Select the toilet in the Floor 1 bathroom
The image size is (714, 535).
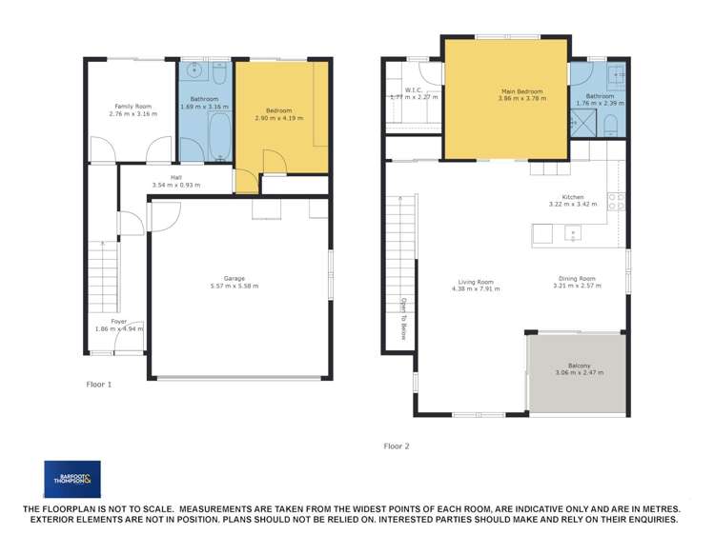click(x=218, y=74)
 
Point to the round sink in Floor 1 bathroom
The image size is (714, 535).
click(x=194, y=69)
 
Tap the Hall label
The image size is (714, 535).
click(x=175, y=177)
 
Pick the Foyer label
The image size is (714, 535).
click(x=118, y=322)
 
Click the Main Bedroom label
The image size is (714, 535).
click(x=507, y=92)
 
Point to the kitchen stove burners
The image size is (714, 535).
click(x=617, y=201)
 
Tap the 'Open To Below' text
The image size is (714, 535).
click(x=403, y=318)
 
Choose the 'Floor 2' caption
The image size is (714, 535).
click(x=397, y=446)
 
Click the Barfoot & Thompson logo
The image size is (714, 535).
click(x=71, y=479)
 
